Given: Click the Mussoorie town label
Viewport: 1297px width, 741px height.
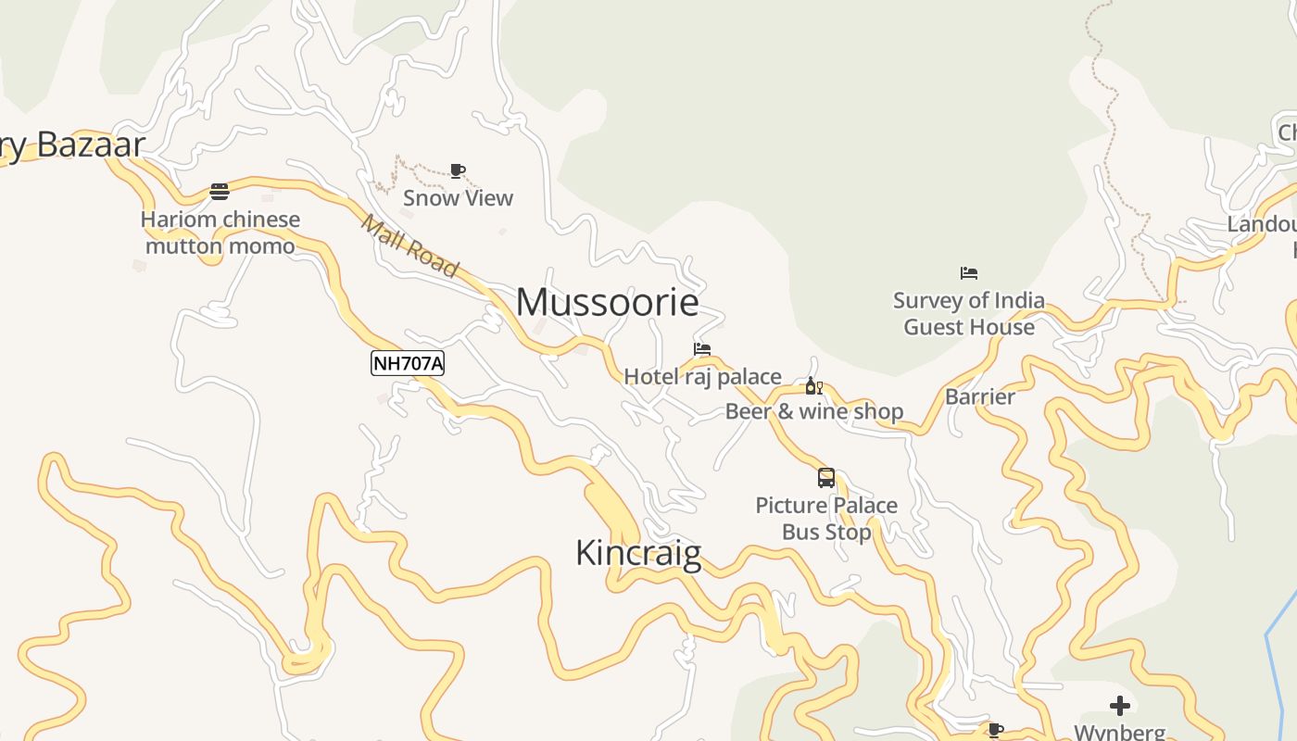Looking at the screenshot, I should pos(607,303).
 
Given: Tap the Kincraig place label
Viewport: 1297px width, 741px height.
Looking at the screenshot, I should pos(638,553).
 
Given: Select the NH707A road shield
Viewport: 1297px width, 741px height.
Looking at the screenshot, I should pos(408,363).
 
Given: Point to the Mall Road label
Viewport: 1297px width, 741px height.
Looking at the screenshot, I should pos(409,245).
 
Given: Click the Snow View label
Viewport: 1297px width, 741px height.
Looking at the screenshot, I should pos(458,198).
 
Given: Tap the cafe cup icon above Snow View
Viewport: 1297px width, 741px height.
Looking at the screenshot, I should pos(457,170).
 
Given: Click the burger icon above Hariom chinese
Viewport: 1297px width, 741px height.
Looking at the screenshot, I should pos(220,192).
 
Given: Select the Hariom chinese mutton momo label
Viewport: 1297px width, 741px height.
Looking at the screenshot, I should pos(220,233).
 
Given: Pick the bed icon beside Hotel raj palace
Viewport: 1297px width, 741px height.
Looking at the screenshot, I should pos(702,349).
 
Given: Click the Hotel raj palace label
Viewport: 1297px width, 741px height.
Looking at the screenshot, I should pos(702,376).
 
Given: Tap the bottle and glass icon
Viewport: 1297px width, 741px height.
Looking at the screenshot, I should pos(813,386).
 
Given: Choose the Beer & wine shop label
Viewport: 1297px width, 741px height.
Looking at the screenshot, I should pos(813,411).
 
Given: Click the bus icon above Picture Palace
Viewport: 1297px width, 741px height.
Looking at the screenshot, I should pos(826,478).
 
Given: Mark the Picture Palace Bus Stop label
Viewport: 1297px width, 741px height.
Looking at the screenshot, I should pos(826,519).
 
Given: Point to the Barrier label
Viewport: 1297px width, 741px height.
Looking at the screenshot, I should pos(980,397).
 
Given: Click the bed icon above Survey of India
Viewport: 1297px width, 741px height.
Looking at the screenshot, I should pos(969,273).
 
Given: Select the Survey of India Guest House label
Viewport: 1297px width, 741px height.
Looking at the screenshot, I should pos(969,314).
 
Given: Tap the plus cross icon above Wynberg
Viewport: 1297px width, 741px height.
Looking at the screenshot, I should pos(1120,706).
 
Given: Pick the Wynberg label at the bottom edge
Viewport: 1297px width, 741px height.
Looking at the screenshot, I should pos(1119,732).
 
